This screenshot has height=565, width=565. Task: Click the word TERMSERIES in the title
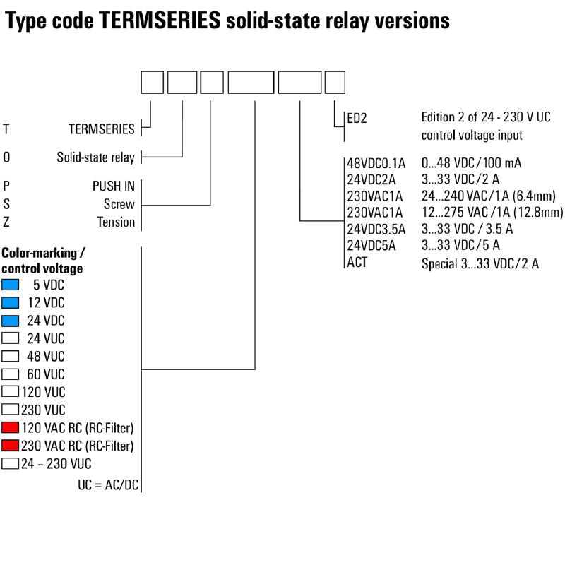160,21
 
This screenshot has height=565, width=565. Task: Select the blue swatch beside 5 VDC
10,285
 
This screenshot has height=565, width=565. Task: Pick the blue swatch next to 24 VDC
10,321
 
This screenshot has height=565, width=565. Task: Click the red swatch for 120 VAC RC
10,428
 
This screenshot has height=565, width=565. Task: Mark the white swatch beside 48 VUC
10,356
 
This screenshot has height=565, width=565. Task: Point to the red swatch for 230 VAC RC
10,446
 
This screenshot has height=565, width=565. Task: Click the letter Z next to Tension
6,222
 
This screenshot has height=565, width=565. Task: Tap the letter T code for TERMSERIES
6,129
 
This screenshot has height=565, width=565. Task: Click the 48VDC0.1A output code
376,163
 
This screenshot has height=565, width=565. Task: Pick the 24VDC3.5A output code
376,229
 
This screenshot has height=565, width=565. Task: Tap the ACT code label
357,263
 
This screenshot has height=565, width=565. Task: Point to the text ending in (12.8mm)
492,212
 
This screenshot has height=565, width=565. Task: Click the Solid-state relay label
95,157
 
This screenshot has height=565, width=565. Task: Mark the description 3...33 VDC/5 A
460,246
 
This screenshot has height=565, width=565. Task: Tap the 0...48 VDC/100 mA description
471,163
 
